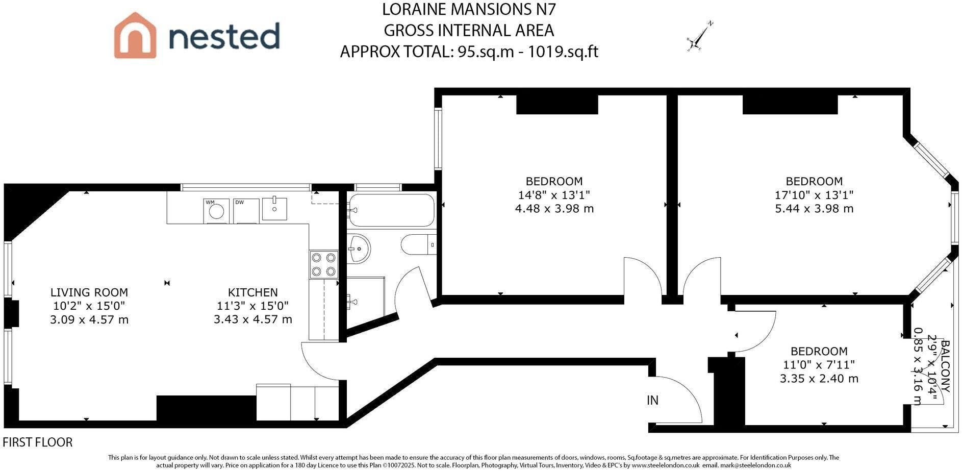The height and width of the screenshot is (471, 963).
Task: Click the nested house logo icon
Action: pyautogui.click(x=135, y=35)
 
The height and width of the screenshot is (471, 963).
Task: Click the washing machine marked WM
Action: pyautogui.click(x=216, y=211)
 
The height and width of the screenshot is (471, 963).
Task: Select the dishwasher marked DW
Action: pyautogui.click(x=246, y=211)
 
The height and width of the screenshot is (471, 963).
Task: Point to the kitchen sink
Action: pyautogui.click(x=274, y=208)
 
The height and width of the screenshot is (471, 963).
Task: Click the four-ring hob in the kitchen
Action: pyautogui.click(x=323, y=264)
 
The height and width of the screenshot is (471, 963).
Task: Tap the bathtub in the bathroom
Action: pyautogui.click(x=392, y=210)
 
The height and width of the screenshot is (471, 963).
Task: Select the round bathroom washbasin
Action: pyautogui.click(x=359, y=249)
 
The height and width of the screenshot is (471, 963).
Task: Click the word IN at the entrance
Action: pyautogui.click(x=652, y=401)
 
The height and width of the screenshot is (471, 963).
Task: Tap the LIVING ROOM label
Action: pyautogui.click(x=89, y=292)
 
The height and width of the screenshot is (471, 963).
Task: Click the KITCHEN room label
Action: pyautogui.click(x=253, y=292)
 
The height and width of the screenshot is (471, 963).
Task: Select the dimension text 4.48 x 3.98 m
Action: pyautogui.click(x=554, y=208)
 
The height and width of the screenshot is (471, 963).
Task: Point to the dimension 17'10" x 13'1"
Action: pyautogui.click(x=814, y=195)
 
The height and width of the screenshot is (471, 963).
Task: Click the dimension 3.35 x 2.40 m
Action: pyautogui.click(x=819, y=379)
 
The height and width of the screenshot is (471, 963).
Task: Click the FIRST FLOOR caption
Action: pyautogui.click(x=38, y=442)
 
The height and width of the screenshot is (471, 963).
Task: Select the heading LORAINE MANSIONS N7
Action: pyautogui.click(x=469, y=9)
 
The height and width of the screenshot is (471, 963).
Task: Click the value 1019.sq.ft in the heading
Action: pyautogui.click(x=563, y=52)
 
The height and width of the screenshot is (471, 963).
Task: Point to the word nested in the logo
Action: pyautogui.click(x=224, y=36)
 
